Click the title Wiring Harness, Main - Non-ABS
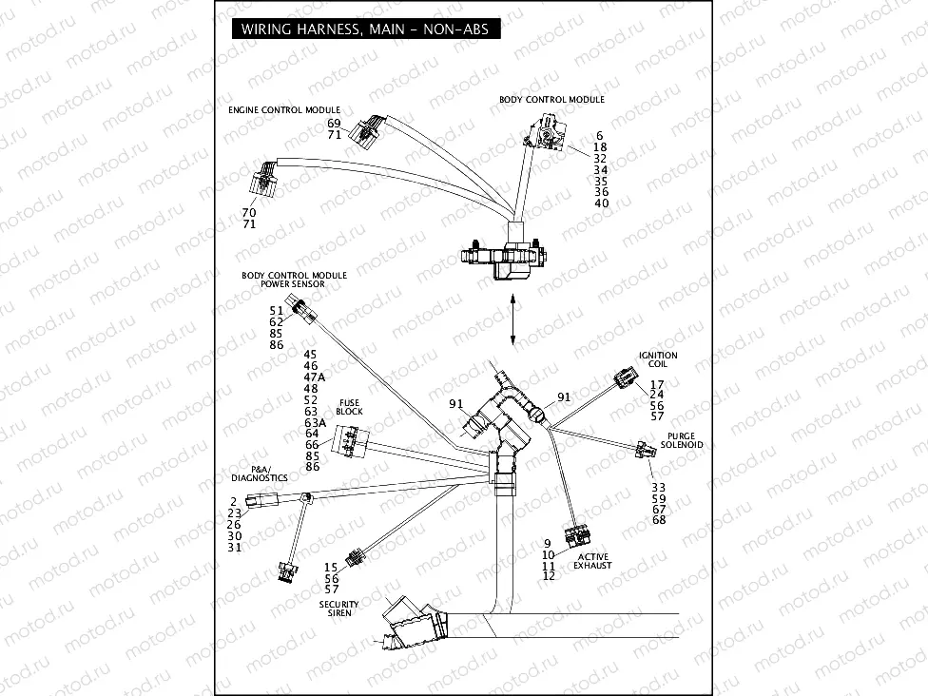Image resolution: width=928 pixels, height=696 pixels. [x=364, y=29]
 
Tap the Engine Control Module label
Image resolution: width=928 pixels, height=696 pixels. [x=283, y=110]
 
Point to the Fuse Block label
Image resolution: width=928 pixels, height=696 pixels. [x=349, y=407]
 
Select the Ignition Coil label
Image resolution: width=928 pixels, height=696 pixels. [x=658, y=359]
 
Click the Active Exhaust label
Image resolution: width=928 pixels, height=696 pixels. [x=592, y=561]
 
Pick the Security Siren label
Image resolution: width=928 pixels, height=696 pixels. [x=338, y=609]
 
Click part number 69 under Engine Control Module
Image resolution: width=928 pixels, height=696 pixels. [x=334, y=124]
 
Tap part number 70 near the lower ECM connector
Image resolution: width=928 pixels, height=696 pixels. [x=249, y=213]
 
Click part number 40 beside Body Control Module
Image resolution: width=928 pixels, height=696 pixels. [x=601, y=203]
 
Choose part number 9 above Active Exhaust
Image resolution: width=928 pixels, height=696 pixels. [x=548, y=543]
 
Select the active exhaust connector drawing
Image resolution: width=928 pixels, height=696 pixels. [x=576, y=536]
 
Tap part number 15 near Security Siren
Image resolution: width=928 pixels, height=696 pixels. [x=331, y=568]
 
